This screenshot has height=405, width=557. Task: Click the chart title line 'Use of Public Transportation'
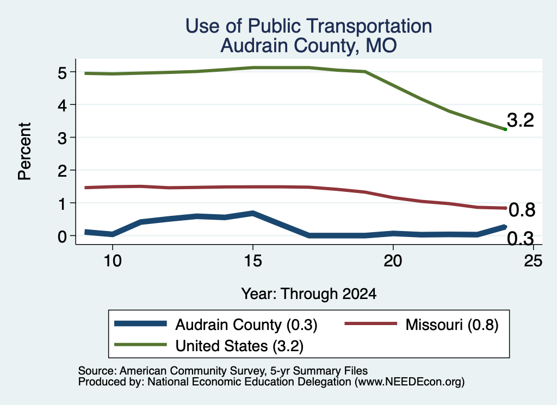(309, 26)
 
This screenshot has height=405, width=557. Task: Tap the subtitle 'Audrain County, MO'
(308, 46)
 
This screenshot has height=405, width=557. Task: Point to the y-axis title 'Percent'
(24, 151)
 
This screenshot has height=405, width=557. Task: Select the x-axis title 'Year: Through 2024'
(309, 294)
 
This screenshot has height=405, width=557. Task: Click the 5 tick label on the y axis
(62, 73)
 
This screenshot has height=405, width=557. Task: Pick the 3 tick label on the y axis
(62, 138)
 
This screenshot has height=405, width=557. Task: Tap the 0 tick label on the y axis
(62, 236)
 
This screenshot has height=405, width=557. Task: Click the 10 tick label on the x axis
(113, 261)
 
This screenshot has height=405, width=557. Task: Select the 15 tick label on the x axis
(253, 261)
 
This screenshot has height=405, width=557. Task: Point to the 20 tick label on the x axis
(393, 261)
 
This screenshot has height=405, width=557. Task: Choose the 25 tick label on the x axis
(533, 261)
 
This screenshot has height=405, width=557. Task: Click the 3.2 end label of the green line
(521, 120)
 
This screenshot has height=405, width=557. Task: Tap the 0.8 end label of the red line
(522, 210)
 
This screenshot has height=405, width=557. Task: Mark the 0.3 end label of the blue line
(521, 238)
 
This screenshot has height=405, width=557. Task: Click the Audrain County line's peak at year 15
(253, 213)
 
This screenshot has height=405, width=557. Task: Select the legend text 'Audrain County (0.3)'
(246, 325)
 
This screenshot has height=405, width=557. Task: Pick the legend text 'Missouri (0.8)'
(452, 325)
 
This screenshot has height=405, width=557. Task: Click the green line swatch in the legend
(141, 345)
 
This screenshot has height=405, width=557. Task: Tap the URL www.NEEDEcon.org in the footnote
(409, 382)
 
